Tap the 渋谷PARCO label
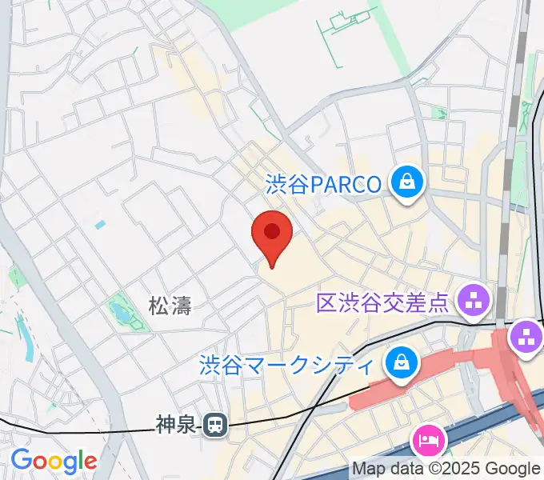(323, 185)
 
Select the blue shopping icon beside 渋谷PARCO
(408, 183)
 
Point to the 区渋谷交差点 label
(382, 302)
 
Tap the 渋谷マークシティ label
(286, 366)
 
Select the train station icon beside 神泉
(214, 426)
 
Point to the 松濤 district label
(170, 304)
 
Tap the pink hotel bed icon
(427, 440)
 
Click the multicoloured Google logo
(54, 461)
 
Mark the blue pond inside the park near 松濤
(120, 309)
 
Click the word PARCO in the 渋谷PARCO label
(345, 185)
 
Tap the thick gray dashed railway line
(506, 200)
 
